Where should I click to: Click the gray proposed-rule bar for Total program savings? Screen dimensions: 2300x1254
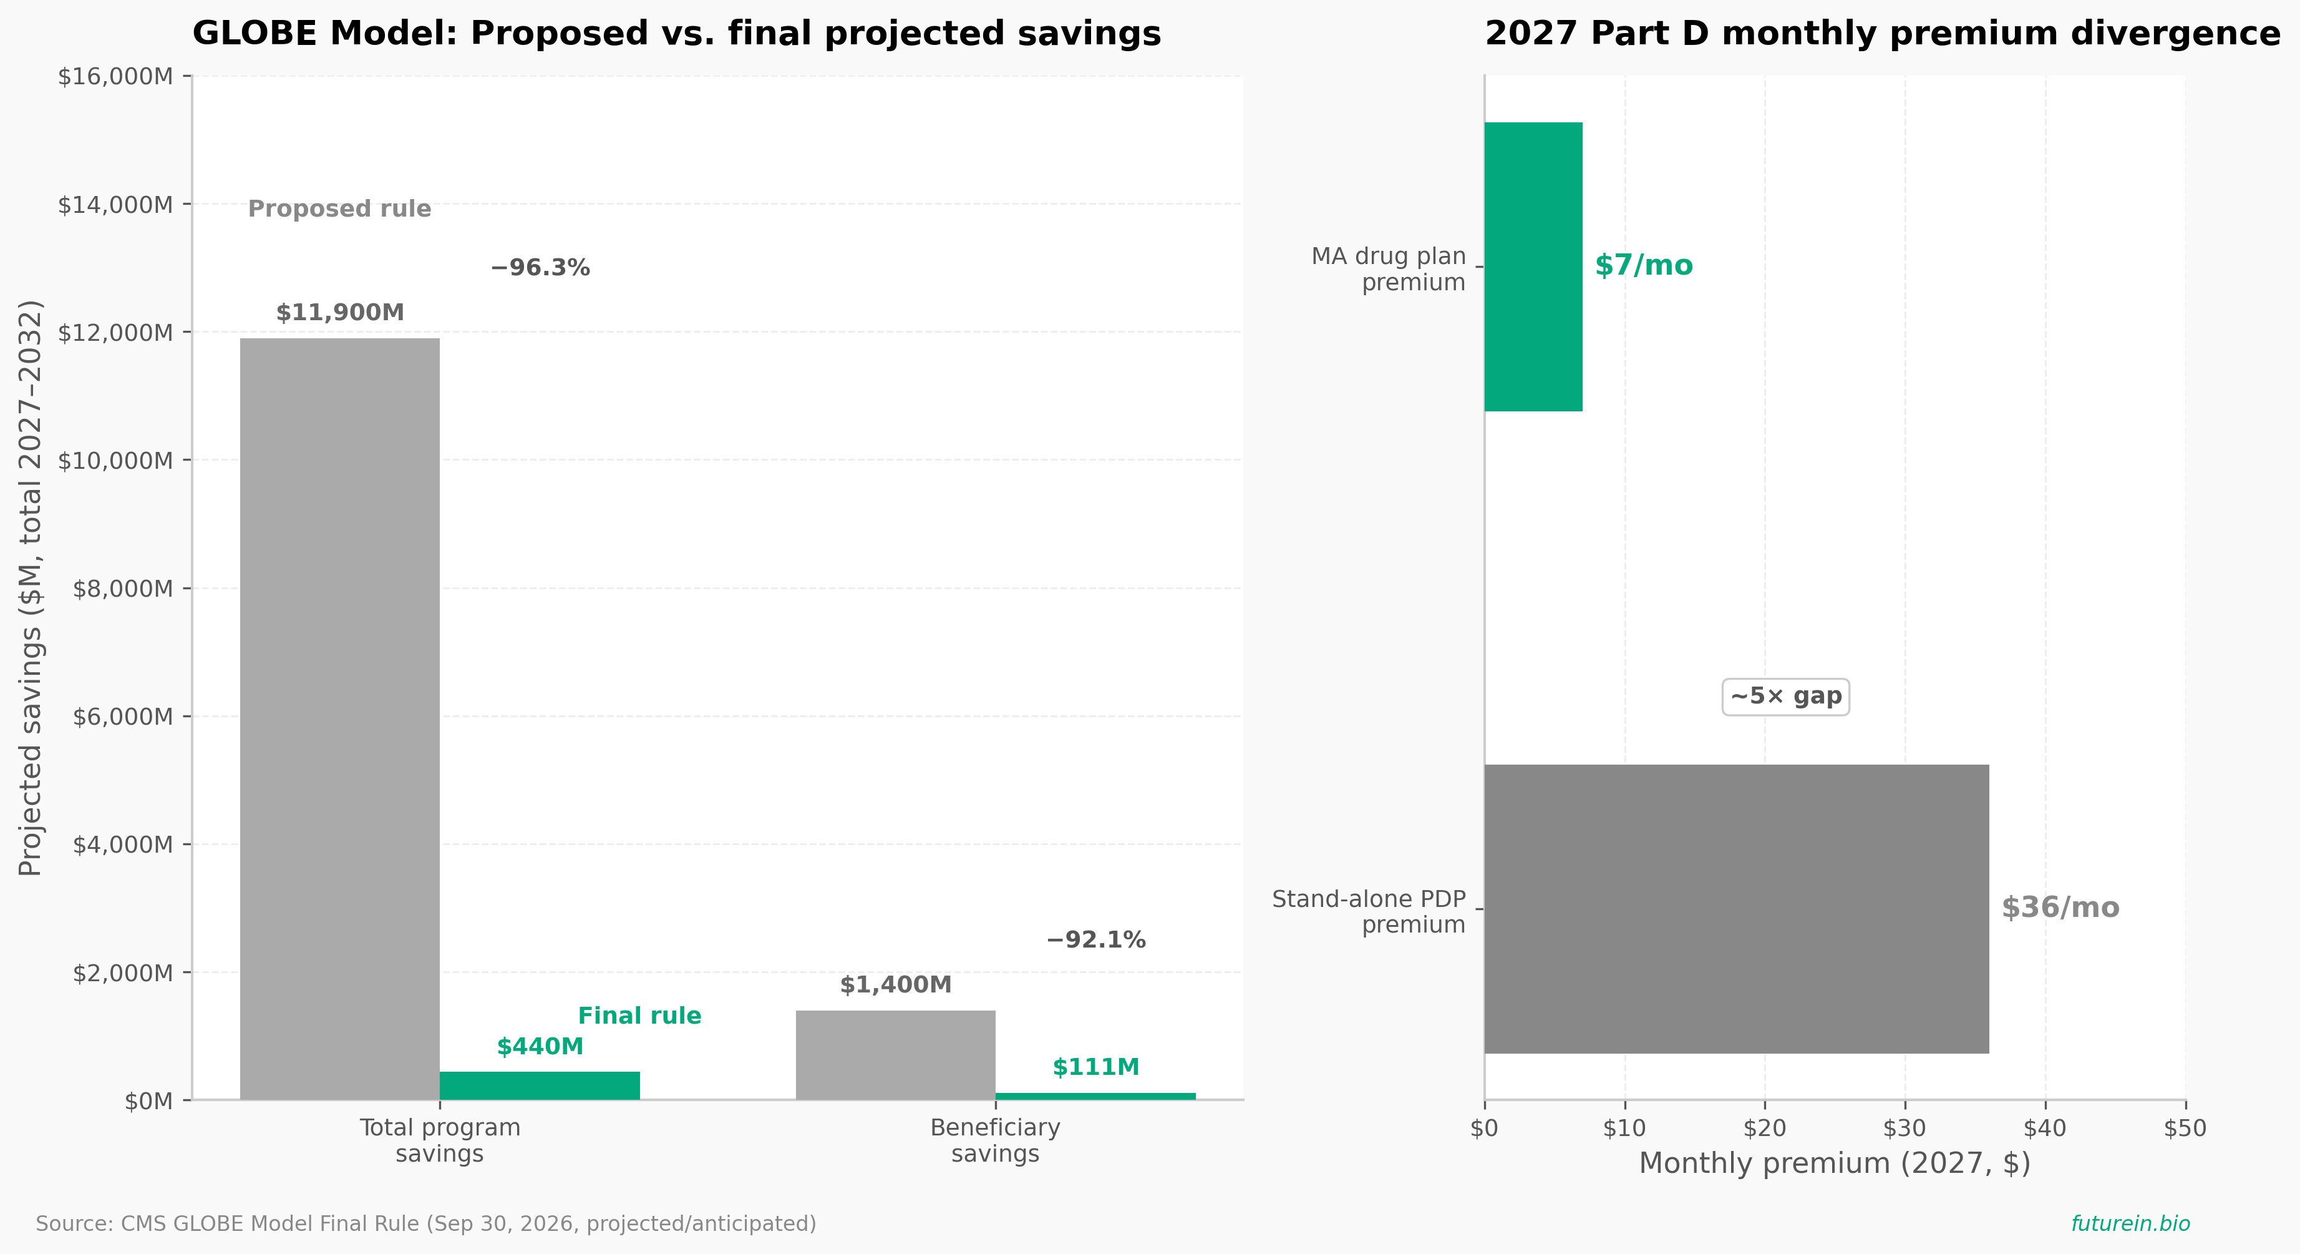pyautogui.click(x=339, y=719)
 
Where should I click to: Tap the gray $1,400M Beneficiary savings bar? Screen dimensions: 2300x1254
pyautogui.click(x=896, y=1055)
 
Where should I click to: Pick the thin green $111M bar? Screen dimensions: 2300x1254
pyautogui.click(x=1095, y=1096)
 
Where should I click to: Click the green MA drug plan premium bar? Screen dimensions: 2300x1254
pyautogui.click(x=1533, y=267)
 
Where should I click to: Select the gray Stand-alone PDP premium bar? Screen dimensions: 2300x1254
pyautogui.click(x=1737, y=908)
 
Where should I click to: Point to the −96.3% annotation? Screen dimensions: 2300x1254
pyautogui.click(x=540, y=268)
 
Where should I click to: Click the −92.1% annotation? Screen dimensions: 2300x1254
pyautogui.click(x=1095, y=939)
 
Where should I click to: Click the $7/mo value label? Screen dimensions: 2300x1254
pyautogui.click(x=1644, y=265)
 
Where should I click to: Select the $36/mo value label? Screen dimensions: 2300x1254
pyautogui.click(x=2060, y=908)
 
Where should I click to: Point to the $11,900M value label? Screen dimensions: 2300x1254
pyautogui.click(x=340, y=313)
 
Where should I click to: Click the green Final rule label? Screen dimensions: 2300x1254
pyautogui.click(x=639, y=1016)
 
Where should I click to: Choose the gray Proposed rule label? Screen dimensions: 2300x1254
pyautogui.click(x=339, y=209)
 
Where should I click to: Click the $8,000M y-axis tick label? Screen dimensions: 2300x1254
pyautogui.click(x=122, y=589)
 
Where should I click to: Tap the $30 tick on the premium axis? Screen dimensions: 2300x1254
pyautogui.click(x=1905, y=1128)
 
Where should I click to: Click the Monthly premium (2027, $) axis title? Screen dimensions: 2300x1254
pyautogui.click(x=1835, y=1163)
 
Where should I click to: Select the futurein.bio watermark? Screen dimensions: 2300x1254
pyautogui.click(x=2130, y=1223)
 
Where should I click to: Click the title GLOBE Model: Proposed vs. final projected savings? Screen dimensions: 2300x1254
pyautogui.click(x=677, y=34)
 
